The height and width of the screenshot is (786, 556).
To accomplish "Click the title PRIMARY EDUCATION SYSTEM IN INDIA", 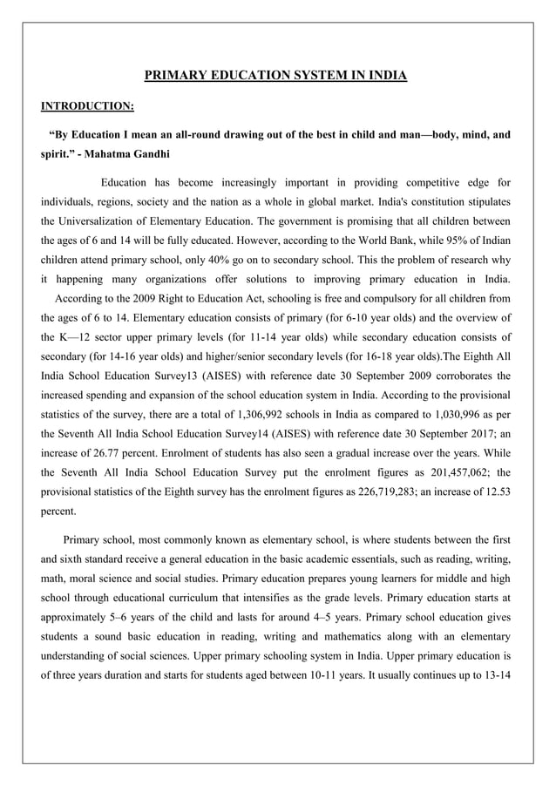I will click(x=275, y=76).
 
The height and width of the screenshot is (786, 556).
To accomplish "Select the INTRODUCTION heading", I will click(x=87, y=106).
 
